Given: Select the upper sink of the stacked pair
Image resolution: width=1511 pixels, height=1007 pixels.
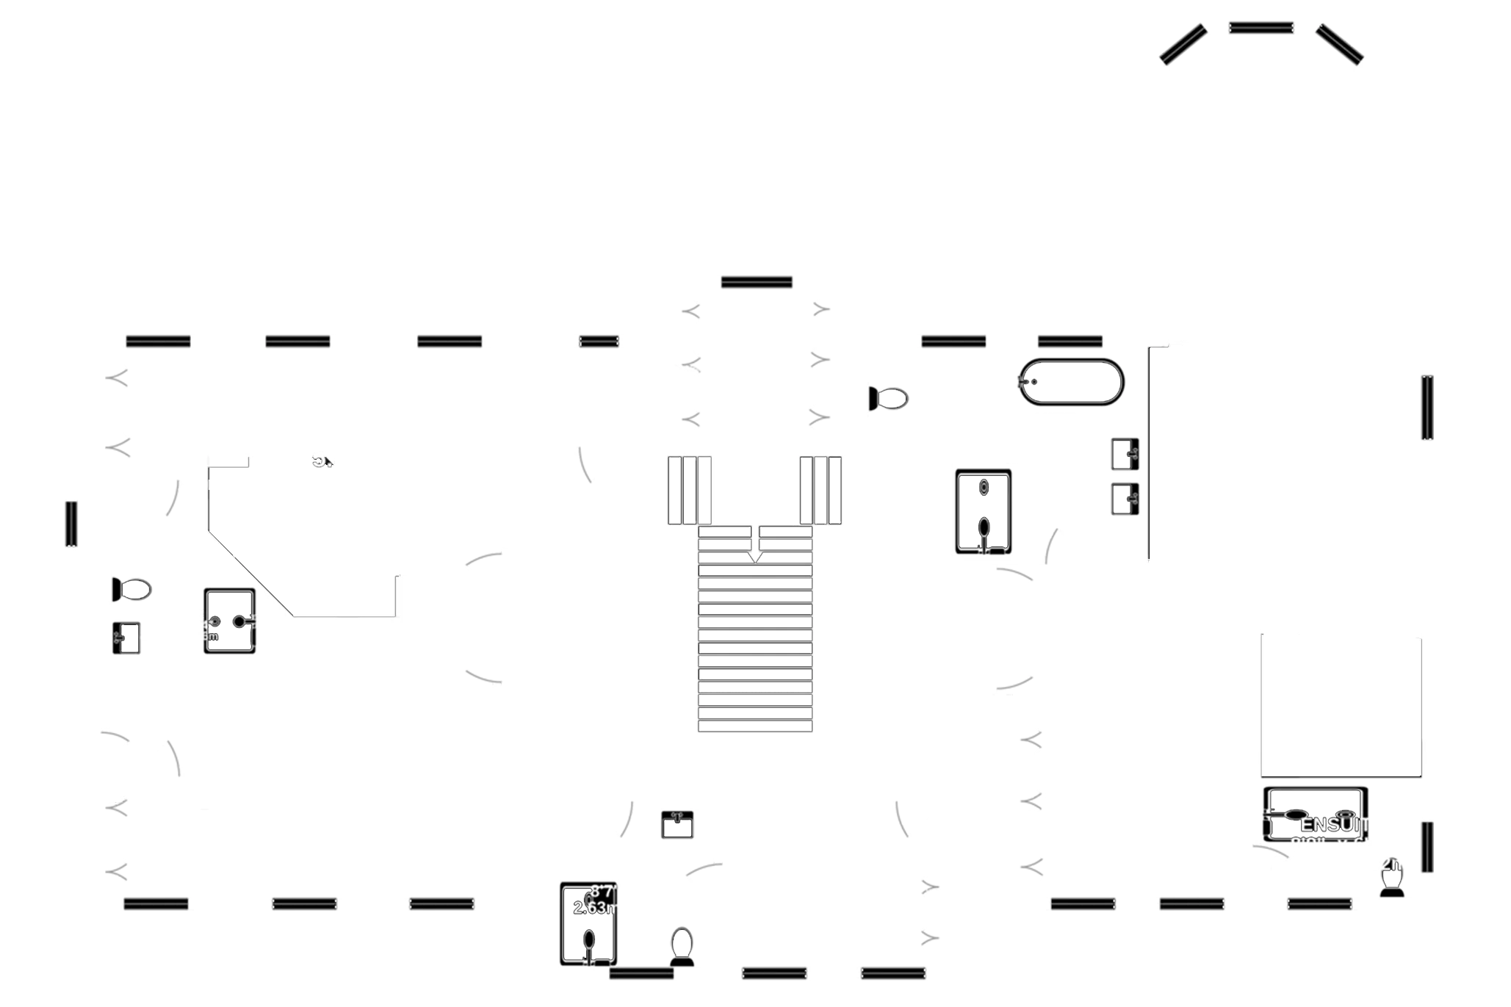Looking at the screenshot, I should pos(1125,453).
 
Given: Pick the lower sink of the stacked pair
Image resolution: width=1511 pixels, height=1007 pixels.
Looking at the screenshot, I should pos(1125,499).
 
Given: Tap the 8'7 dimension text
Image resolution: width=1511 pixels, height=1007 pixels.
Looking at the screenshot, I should pos(601,892).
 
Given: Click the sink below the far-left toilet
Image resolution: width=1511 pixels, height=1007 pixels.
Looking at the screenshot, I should pos(126,638).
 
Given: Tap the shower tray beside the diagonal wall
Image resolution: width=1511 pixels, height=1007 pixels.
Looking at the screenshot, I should pos(229,621).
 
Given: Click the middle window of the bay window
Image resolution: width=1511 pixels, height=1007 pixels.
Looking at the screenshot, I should pos(1261,27).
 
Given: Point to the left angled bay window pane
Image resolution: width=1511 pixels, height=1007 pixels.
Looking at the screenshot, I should pos(1183,44).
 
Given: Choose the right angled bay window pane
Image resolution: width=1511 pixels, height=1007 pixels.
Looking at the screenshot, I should pos(1340,44).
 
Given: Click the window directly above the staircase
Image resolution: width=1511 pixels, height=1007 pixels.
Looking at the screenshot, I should pos(757,281).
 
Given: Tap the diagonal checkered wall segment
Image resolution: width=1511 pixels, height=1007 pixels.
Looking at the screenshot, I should pos(251,571).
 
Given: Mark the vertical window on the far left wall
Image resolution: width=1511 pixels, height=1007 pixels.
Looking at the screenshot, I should pos(71,523).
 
